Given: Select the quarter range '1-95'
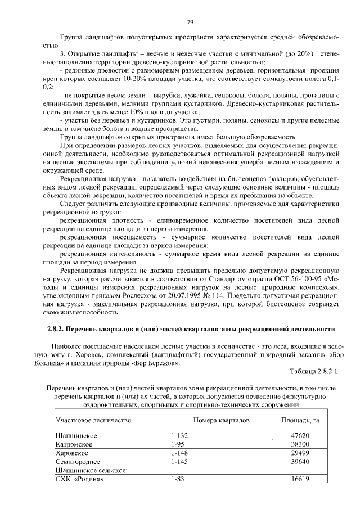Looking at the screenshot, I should pos(177,445).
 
